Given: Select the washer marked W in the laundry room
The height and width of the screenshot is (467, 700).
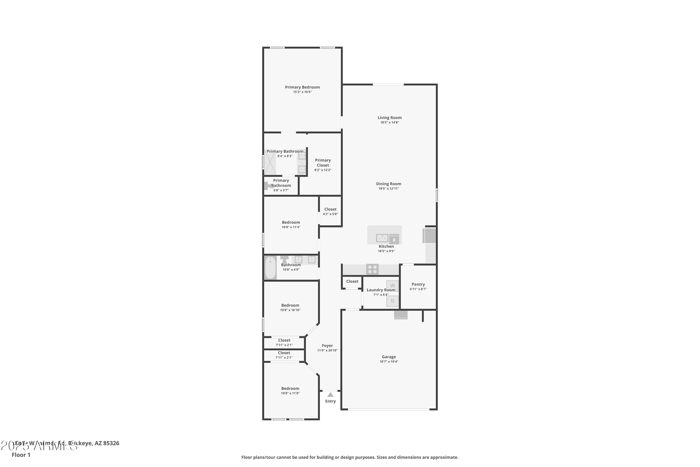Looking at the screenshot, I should (x=392, y=286).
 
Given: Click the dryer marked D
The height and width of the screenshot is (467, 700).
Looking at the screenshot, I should (x=392, y=301).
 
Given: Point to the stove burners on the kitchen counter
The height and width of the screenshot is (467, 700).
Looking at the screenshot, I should (x=372, y=269).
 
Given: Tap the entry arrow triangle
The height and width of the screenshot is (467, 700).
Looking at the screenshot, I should (x=330, y=395).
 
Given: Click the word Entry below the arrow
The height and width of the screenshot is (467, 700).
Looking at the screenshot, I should (x=330, y=401).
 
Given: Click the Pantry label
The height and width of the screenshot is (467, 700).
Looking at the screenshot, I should (x=418, y=284).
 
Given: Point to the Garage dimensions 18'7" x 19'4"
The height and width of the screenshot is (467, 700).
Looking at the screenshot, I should (x=389, y=361).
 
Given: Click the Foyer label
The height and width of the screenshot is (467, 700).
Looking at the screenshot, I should (x=327, y=346).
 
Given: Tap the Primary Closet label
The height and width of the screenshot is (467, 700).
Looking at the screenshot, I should (x=323, y=163).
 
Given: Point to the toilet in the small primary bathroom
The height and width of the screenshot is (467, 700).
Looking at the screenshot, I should (x=267, y=186).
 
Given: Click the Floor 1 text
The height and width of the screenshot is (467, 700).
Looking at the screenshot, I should (x=21, y=455).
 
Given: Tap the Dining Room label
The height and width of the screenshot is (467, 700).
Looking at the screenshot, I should (x=388, y=184).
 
